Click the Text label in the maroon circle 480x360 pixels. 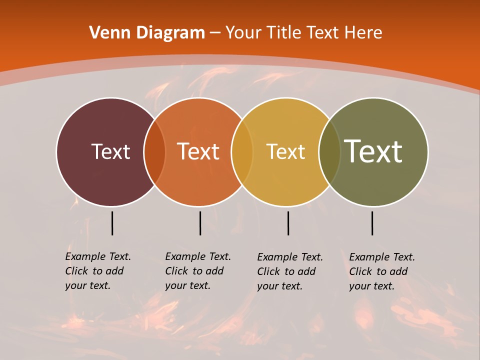click(x=110, y=151)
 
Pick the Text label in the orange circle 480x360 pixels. click(x=198, y=151)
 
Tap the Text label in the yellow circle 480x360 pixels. click(x=285, y=151)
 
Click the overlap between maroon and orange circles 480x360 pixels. click(x=154, y=152)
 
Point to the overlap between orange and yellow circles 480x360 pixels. click(x=242, y=152)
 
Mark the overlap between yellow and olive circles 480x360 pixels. click(x=329, y=152)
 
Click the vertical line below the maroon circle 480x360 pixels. click(x=112, y=223)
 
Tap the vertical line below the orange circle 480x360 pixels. click(x=200, y=223)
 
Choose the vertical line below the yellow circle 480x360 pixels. click(x=288, y=223)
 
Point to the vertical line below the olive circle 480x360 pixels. click(x=372, y=223)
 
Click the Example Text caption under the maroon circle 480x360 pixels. click(x=98, y=271)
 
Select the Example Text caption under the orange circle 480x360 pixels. click(x=198, y=271)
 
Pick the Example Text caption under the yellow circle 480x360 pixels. click(x=290, y=271)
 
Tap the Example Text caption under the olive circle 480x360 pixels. click(x=382, y=271)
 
